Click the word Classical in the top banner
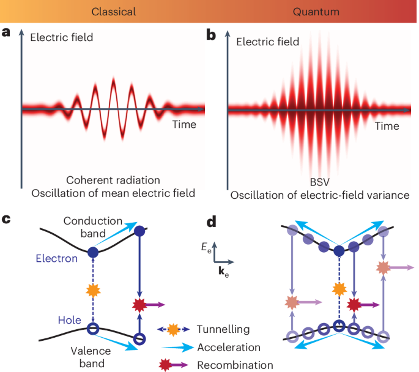(x=113, y=12)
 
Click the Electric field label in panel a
(x=61, y=38)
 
